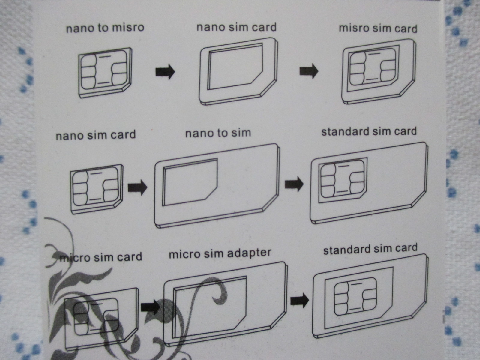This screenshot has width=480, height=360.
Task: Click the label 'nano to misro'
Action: [x=105, y=28]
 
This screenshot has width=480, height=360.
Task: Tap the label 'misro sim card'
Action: [x=378, y=28]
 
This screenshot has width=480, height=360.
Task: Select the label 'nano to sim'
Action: [x=218, y=133]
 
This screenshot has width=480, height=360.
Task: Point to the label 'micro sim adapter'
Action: [x=220, y=254]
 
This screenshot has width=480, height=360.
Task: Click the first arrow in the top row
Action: [x=165, y=72]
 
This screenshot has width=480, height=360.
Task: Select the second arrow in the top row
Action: [x=309, y=71]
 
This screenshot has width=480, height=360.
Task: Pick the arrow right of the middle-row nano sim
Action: [x=137, y=187]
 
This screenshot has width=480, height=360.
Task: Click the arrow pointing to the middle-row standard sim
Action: [x=294, y=184]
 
